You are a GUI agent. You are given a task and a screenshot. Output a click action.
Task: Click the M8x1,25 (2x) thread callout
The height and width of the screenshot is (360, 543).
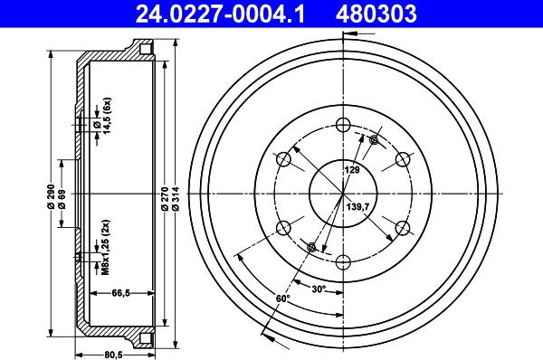coord(106,247)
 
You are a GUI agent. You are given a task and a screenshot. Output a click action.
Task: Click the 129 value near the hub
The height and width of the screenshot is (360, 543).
coord(351,170)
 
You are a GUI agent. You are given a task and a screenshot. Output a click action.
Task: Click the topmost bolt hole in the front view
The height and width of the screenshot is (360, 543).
coord(343,126)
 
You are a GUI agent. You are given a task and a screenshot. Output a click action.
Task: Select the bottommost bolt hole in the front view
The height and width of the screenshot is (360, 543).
coord(343,262)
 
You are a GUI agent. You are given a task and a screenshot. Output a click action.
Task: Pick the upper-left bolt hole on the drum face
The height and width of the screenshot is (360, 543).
coord(283,160)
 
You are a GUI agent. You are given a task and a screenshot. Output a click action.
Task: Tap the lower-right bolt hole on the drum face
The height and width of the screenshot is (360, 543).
coord(402,228)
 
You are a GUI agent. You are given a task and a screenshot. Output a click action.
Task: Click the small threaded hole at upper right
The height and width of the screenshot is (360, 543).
coord(374,139)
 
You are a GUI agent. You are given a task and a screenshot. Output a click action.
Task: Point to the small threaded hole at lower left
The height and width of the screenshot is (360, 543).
coord(312,248)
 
